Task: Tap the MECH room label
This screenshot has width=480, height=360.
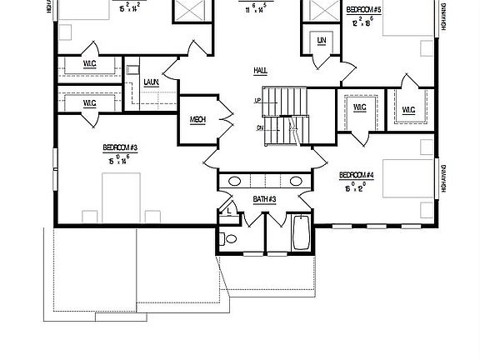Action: click(x=197, y=120)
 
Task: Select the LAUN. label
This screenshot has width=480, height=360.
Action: click(x=151, y=81)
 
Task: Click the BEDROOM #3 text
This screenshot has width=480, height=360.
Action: click(x=120, y=147)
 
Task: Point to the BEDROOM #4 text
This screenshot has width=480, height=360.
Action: click(x=356, y=175)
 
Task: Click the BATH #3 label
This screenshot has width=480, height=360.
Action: click(x=264, y=200)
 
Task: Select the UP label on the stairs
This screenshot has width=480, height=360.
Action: click(x=258, y=101)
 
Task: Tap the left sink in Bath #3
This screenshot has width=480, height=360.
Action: click(x=235, y=181)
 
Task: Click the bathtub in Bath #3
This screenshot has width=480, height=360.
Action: click(x=301, y=233)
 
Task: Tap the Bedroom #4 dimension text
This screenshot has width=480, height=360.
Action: click(x=355, y=187)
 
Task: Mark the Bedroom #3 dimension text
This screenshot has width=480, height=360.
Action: click(x=119, y=159)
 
